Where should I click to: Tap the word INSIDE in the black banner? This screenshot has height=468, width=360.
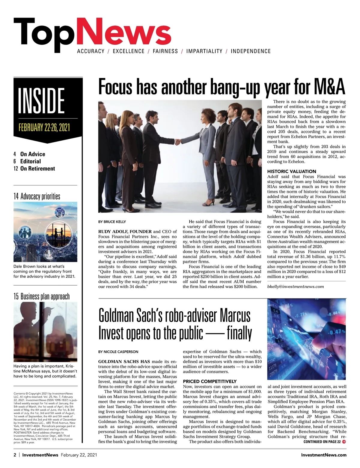(41, 101)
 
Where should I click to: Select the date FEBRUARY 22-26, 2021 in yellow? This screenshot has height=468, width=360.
(44, 127)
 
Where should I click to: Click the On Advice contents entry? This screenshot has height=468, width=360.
(32, 154)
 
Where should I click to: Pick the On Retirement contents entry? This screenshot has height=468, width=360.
(37, 169)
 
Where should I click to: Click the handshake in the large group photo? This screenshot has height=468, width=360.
(178, 141)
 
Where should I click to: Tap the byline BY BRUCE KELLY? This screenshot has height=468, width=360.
(112, 222)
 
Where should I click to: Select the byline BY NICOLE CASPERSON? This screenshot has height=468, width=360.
(118, 351)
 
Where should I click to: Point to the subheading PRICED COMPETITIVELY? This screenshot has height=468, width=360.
(210, 381)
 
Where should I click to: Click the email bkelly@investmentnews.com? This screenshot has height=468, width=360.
(295, 286)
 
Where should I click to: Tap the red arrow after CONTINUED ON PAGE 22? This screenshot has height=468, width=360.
(344, 442)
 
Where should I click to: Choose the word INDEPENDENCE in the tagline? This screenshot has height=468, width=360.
(250, 51)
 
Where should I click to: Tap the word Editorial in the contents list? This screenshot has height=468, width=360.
(30, 161)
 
